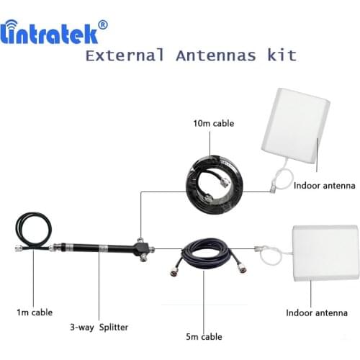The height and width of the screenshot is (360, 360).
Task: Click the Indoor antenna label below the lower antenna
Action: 317,313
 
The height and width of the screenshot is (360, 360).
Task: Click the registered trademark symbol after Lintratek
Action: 103,24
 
